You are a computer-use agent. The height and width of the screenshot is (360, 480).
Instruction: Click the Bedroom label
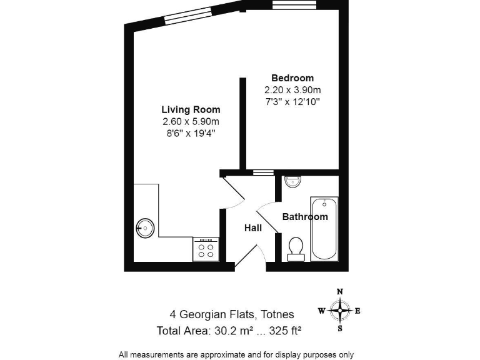point(292,78)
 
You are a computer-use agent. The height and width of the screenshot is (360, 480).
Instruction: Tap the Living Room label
point(191,110)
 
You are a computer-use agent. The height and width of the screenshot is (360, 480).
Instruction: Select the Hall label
point(252,228)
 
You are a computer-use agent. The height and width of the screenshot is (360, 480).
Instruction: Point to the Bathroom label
point(305,217)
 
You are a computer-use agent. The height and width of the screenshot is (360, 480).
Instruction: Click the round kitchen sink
point(144,227)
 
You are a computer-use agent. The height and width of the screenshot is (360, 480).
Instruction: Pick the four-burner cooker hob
point(206,250)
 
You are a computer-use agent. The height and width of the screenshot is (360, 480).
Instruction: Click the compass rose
point(339,310)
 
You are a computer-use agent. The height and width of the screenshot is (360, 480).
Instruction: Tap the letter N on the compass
point(340,291)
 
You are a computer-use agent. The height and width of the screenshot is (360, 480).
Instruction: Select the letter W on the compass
point(321,311)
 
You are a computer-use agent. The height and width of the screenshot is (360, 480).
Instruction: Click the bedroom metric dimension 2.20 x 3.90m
point(292,89)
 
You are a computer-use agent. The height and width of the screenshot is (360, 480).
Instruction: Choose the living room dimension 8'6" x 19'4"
point(191,132)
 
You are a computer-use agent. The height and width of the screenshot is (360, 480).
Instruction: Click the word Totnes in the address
point(276,314)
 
